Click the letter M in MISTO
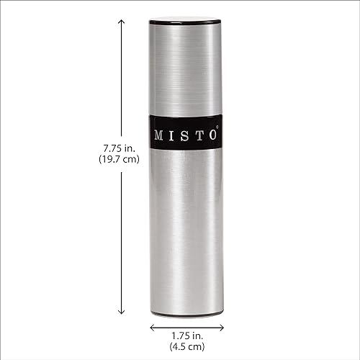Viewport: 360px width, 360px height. click(159, 135)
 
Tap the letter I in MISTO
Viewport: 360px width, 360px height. click(173, 135)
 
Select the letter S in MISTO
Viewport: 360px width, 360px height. click(185, 135)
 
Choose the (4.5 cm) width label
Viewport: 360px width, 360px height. click(186, 347)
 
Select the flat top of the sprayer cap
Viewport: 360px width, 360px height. click(186, 19)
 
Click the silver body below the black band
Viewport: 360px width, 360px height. click(186, 230)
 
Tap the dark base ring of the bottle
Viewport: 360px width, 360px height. click(186, 315)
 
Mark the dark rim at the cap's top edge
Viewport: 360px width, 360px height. click(186, 24)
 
